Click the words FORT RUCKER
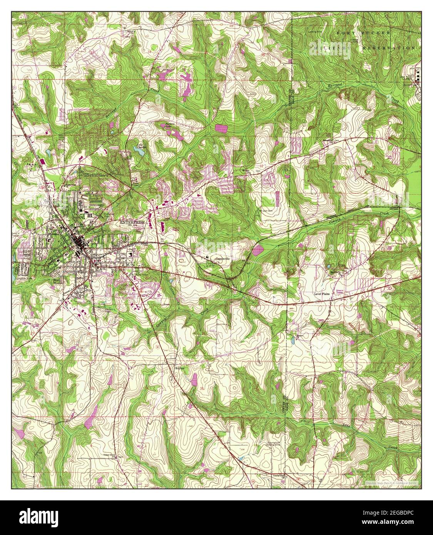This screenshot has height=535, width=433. (363, 33)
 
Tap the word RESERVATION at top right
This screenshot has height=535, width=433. (389, 48)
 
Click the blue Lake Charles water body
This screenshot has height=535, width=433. (141, 152)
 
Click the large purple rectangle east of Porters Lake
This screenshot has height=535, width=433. (221, 128)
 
